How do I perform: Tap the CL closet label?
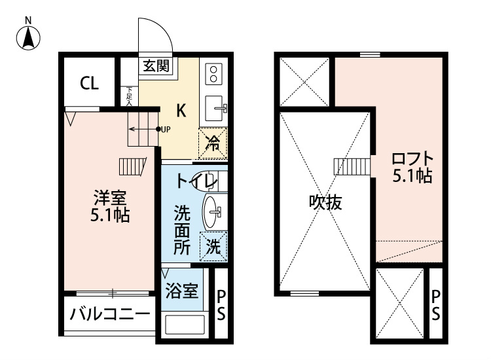point(89,83)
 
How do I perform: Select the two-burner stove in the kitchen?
point(213,73)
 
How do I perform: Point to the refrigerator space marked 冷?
point(213,141)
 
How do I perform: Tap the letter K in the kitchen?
point(181,110)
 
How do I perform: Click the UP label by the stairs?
point(165,129)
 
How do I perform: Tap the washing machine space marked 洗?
point(214,247)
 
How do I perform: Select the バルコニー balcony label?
point(109,314)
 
